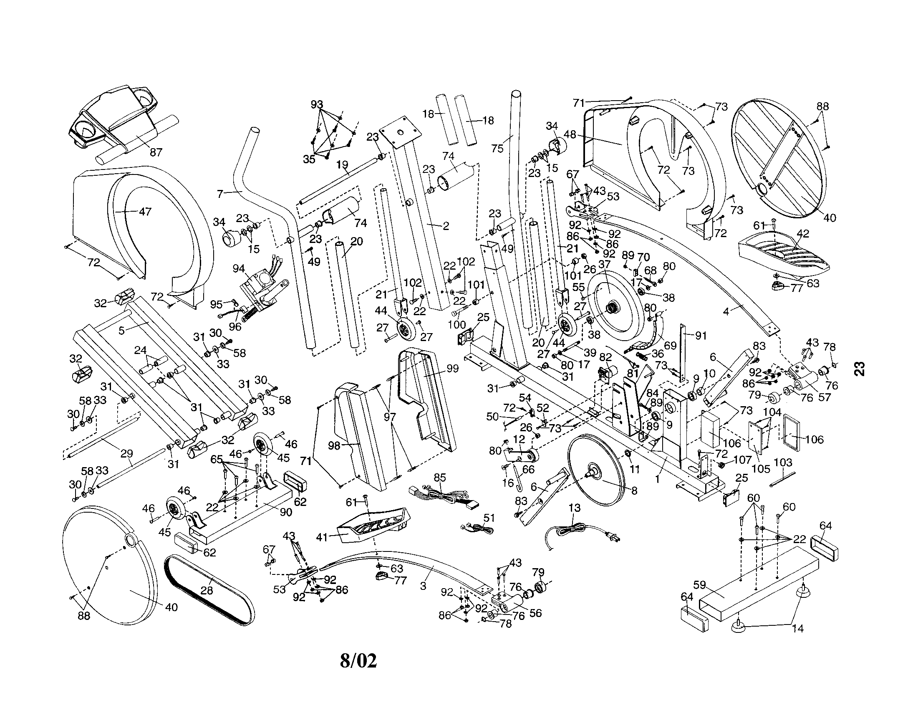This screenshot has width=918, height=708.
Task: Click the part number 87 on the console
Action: pyautogui.click(x=156, y=152)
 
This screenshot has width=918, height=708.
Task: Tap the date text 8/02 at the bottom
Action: pyautogui.click(x=358, y=660)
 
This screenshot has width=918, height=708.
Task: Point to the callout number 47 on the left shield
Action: pyautogui.click(x=145, y=212)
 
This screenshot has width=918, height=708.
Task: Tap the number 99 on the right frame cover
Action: pyautogui.click(x=452, y=368)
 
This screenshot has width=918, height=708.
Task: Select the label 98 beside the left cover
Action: pyautogui.click(x=334, y=445)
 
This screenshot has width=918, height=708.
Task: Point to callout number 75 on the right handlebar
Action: pyautogui.click(x=497, y=149)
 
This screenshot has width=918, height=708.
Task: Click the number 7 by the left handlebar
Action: pyautogui.click(x=220, y=194)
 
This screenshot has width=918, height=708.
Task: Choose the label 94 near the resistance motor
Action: pyautogui.click(x=239, y=268)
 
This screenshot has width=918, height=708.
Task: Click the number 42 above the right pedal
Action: pyautogui.click(x=803, y=233)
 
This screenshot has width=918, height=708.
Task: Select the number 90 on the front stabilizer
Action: pyautogui.click(x=286, y=511)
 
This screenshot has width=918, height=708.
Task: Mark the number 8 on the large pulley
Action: pyautogui.click(x=634, y=490)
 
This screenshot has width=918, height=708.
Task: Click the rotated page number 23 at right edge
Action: pyautogui.click(x=860, y=368)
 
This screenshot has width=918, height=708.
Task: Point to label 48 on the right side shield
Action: pyautogui.click(x=570, y=135)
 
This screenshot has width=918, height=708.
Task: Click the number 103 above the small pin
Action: pyautogui.click(x=783, y=463)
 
